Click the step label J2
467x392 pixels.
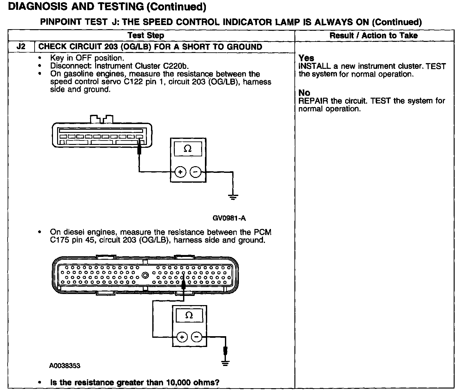click(21, 47)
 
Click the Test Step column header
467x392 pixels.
click(146, 36)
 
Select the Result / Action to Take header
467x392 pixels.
click(373, 36)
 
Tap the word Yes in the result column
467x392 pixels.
click(306, 58)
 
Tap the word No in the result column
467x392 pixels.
click(304, 93)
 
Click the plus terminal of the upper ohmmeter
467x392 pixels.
click(180, 172)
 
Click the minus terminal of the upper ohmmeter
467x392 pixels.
click(195, 172)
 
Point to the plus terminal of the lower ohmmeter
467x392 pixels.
click(182, 337)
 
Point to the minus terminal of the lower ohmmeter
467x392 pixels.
click(197, 337)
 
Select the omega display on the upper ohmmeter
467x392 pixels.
click(188, 149)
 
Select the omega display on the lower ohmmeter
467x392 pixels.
click(189, 315)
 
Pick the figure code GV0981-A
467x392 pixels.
click(229, 218)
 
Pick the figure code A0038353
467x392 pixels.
click(65, 366)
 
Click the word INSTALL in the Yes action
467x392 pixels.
click(314, 66)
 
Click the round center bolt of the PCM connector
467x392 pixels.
click(145, 275)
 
